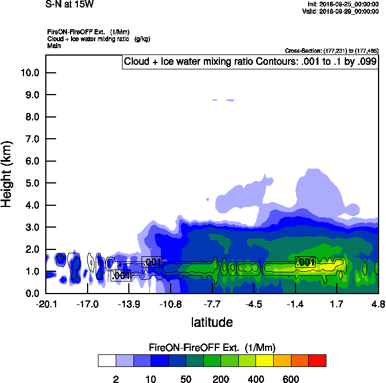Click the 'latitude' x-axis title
point(211,322)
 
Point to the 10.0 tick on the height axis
point(29,73)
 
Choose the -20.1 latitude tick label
point(46,303)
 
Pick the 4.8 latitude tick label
point(378,303)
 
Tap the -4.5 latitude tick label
point(254,303)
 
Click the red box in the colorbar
point(317,361)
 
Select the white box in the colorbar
point(106,361)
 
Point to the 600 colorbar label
point(291,379)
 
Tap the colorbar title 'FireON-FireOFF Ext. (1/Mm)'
point(211,348)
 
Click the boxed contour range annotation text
point(250,62)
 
